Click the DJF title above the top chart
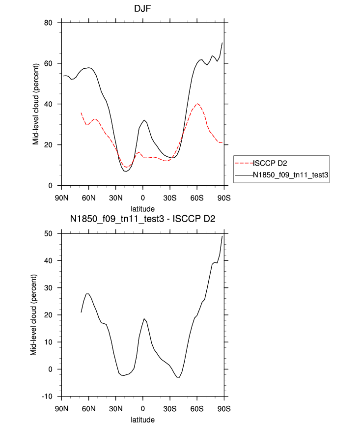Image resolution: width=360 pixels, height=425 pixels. [142, 9]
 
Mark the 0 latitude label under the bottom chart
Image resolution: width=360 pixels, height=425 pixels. [143, 408]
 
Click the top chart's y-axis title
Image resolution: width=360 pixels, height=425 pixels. [36, 104]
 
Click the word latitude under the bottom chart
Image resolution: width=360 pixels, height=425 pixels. [142, 420]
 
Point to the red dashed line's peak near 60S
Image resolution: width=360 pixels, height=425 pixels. [197, 104]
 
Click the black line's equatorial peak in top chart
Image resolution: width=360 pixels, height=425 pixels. [144, 120]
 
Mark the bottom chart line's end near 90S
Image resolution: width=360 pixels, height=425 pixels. [222, 236]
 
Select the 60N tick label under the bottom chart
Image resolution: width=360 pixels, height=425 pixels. [88, 408]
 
